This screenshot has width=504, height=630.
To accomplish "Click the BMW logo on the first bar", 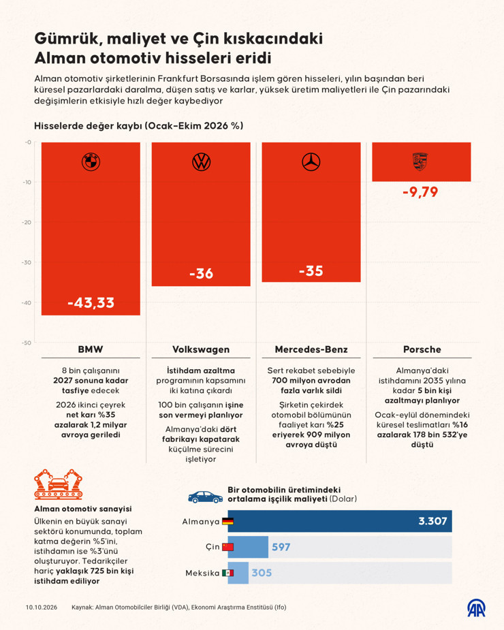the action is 91,162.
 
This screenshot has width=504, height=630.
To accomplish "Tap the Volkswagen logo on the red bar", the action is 201,162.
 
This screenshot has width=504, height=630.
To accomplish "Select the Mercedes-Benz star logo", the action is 311,162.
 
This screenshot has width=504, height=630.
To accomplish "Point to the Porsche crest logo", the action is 420,161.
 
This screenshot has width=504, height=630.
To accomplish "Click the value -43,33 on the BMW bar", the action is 91,302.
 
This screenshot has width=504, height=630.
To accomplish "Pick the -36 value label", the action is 201,274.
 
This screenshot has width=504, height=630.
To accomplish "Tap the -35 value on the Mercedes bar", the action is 311,271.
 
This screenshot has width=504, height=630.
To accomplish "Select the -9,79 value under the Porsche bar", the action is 420,191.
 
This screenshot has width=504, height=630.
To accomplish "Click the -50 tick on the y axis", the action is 27,343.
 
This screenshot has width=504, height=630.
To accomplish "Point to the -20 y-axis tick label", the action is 27,222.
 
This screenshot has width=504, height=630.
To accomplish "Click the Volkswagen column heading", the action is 201,349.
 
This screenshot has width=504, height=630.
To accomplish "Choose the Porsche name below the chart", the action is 422,349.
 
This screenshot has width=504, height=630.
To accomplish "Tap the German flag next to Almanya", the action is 228,522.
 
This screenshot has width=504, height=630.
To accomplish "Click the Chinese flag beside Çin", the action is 228,547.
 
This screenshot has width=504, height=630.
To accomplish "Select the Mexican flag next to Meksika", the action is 228,573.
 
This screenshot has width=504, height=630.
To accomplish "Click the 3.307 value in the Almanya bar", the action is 432,521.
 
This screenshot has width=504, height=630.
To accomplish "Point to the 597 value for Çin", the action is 281,547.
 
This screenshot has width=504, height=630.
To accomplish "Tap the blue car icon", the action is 206,497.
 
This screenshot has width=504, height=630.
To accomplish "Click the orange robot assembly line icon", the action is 59,484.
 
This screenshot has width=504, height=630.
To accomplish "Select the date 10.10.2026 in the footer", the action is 42,608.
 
